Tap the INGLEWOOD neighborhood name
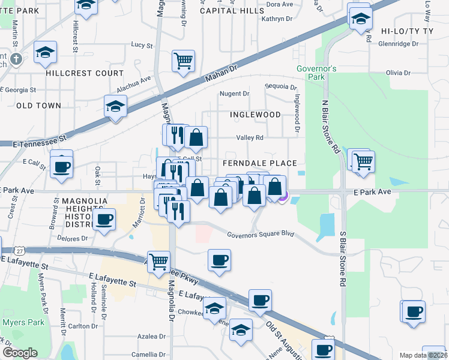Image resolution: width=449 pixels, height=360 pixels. click(255, 114)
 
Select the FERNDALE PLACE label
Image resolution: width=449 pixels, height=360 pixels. click(259, 163)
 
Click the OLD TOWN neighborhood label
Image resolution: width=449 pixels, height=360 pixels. click(38, 106)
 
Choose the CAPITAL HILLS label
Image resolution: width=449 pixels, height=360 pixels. click(232, 11)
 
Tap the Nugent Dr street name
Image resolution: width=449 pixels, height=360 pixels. click(234, 94)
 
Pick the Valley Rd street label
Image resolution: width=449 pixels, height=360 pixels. click(250, 137)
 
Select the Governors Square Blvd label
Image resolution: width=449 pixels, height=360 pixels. click(260, 234)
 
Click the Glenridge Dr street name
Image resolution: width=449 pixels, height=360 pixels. click(398, 43)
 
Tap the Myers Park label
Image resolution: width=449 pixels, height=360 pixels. click(22, 322)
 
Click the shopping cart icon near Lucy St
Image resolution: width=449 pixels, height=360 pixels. click(183, 61)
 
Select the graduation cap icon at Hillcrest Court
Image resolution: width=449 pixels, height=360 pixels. click(46, 52)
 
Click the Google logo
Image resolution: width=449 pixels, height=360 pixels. click(20, 353)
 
